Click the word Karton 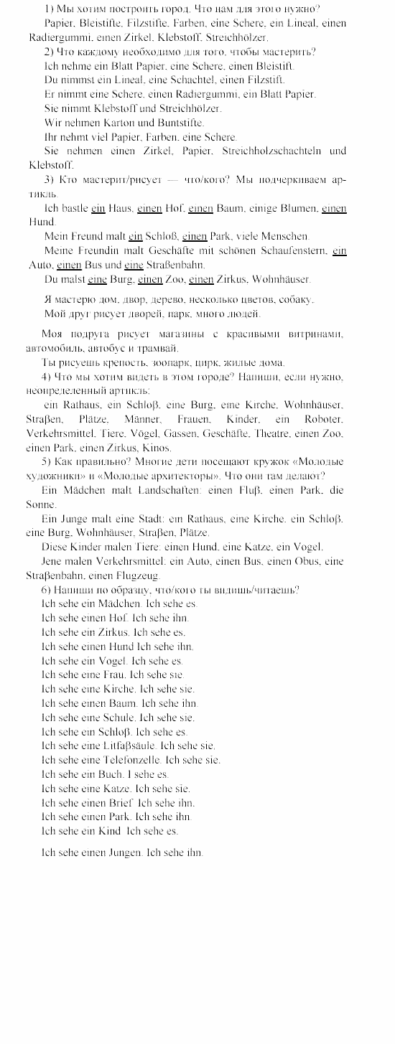point(121,123)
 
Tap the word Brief point(118,803)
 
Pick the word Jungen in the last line point(125,853)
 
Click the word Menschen point(286,236)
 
